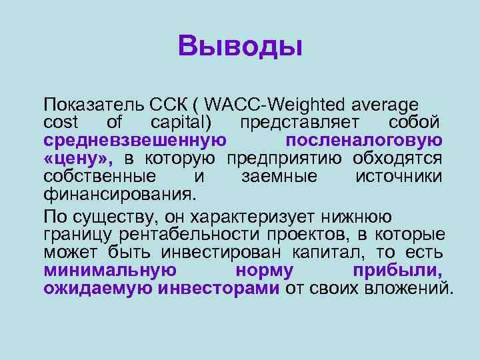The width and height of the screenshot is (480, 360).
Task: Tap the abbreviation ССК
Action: click(x=167, y=105)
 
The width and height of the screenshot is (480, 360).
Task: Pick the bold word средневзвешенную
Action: click(x=134, y=140)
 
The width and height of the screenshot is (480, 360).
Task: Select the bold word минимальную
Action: click(x=110, y=271)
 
